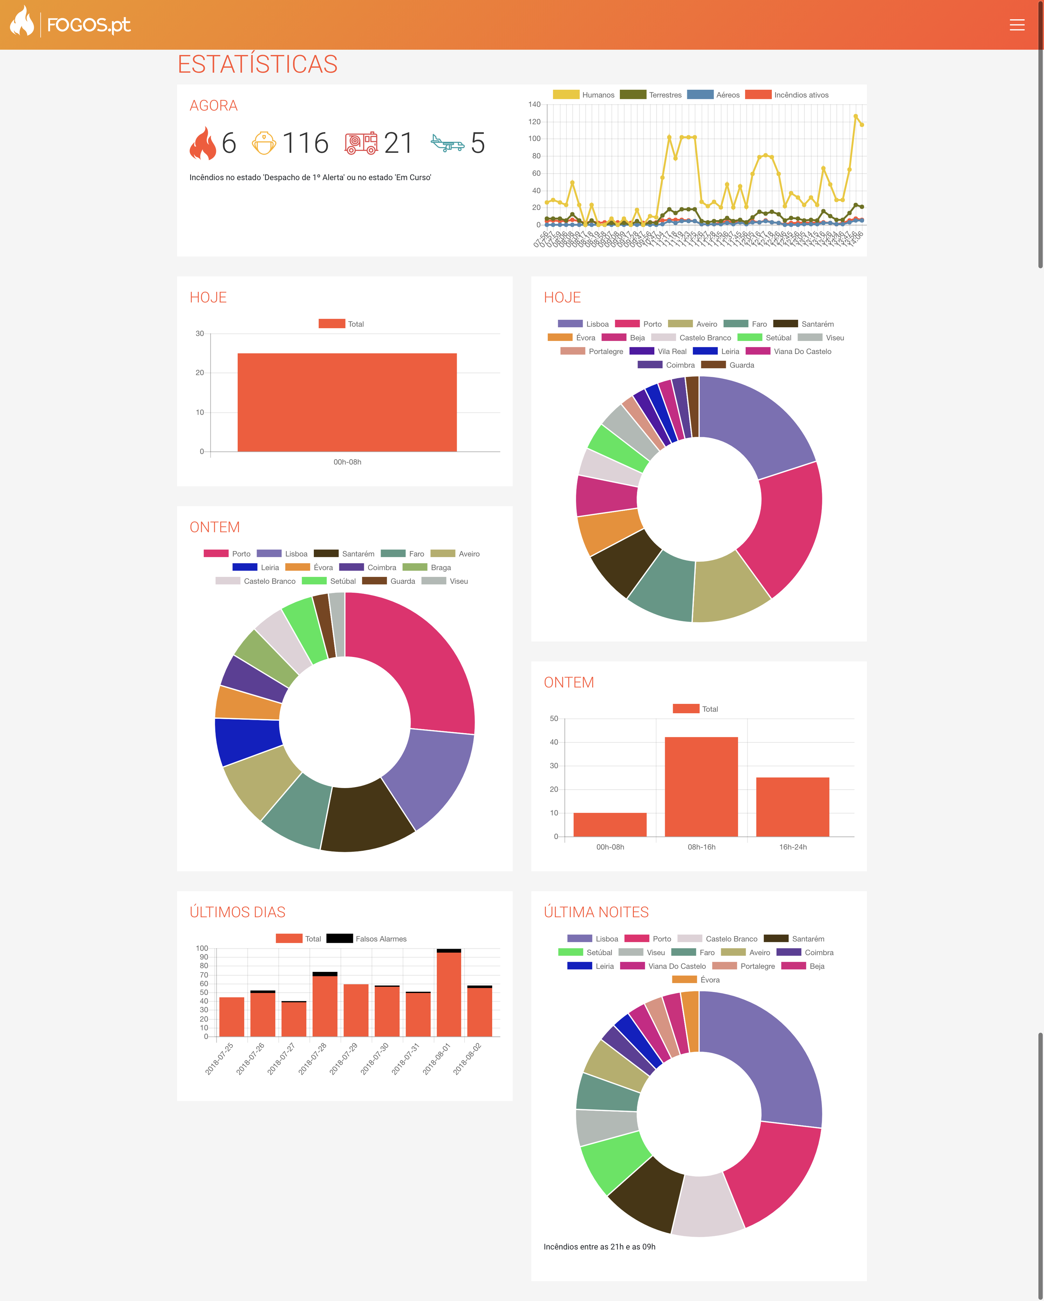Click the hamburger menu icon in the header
click(1017, 25)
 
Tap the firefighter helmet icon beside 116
click(264, 143)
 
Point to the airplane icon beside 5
click(447, 143)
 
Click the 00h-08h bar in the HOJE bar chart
click(347, 402)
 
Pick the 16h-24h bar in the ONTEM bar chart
click(792, 807)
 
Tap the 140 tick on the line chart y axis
click(535, 104)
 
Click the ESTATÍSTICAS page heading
click(257, 64)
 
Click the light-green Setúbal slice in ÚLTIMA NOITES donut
click(613, 1161)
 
